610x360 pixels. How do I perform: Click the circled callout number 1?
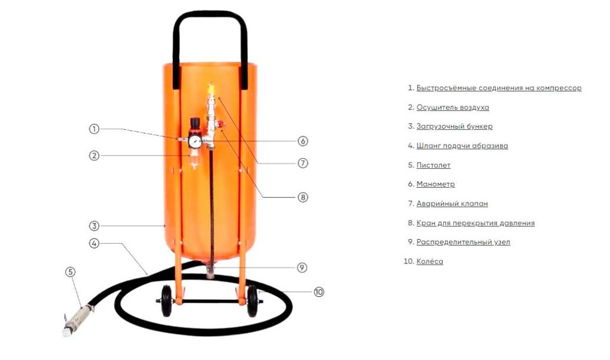tap(94, 129)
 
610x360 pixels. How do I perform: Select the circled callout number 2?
tap(94, 156)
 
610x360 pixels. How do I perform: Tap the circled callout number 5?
tap(70, 272)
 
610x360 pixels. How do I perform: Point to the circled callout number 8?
tap(303, 197)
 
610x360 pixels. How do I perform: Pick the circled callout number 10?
tap(319, 291)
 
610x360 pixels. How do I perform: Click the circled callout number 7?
tap(303, 163)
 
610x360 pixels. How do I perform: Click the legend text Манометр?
tap(435, 184)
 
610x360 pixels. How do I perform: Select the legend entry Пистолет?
tap(434, 165)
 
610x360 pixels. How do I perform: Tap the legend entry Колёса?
tap(430, 261)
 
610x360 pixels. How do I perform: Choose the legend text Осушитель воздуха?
tap(453, 107)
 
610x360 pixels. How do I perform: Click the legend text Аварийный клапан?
tap(452, 204)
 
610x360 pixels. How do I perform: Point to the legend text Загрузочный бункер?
tap(455, 126)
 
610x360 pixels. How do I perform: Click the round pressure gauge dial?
tap(195, 141)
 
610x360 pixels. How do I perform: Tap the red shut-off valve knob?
tap(221, 125)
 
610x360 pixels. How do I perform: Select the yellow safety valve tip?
tap(211, 88)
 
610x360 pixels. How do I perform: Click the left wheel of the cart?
tap(166, 301)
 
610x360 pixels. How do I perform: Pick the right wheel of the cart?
tap(253, 301)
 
